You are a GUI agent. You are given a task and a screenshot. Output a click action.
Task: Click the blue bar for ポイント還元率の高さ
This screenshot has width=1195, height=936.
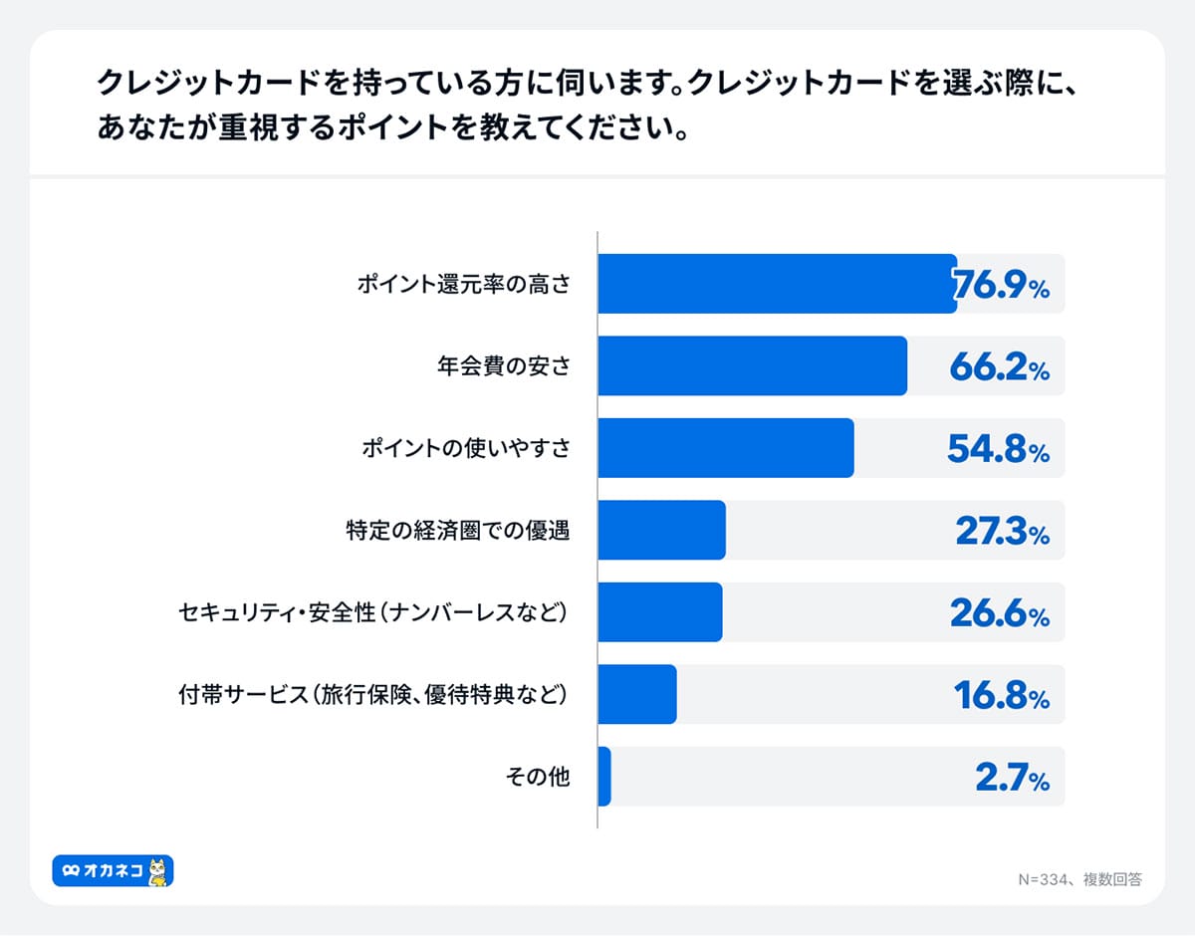[777, 285]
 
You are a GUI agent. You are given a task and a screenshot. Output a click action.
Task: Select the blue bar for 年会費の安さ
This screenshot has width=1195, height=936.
[752, 366]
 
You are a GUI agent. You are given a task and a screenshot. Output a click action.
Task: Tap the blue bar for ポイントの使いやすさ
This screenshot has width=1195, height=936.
[725, 448]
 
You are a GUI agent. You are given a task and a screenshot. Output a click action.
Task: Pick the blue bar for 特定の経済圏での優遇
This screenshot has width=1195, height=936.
[661, 531]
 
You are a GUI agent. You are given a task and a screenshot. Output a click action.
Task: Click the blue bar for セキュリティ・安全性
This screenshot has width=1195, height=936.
[659, 612]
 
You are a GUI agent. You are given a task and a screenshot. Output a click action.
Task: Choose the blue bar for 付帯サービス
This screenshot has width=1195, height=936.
[637, 694]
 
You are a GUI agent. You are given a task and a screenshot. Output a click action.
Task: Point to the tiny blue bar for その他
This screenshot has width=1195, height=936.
[604, 777]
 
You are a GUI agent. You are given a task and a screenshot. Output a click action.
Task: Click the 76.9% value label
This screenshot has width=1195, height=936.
[1001, 286]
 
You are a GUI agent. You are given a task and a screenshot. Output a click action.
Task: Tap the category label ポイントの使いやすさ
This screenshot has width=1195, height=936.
[466, 448]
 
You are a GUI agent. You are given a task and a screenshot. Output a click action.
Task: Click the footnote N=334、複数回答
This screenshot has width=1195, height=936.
[1079, 879]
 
